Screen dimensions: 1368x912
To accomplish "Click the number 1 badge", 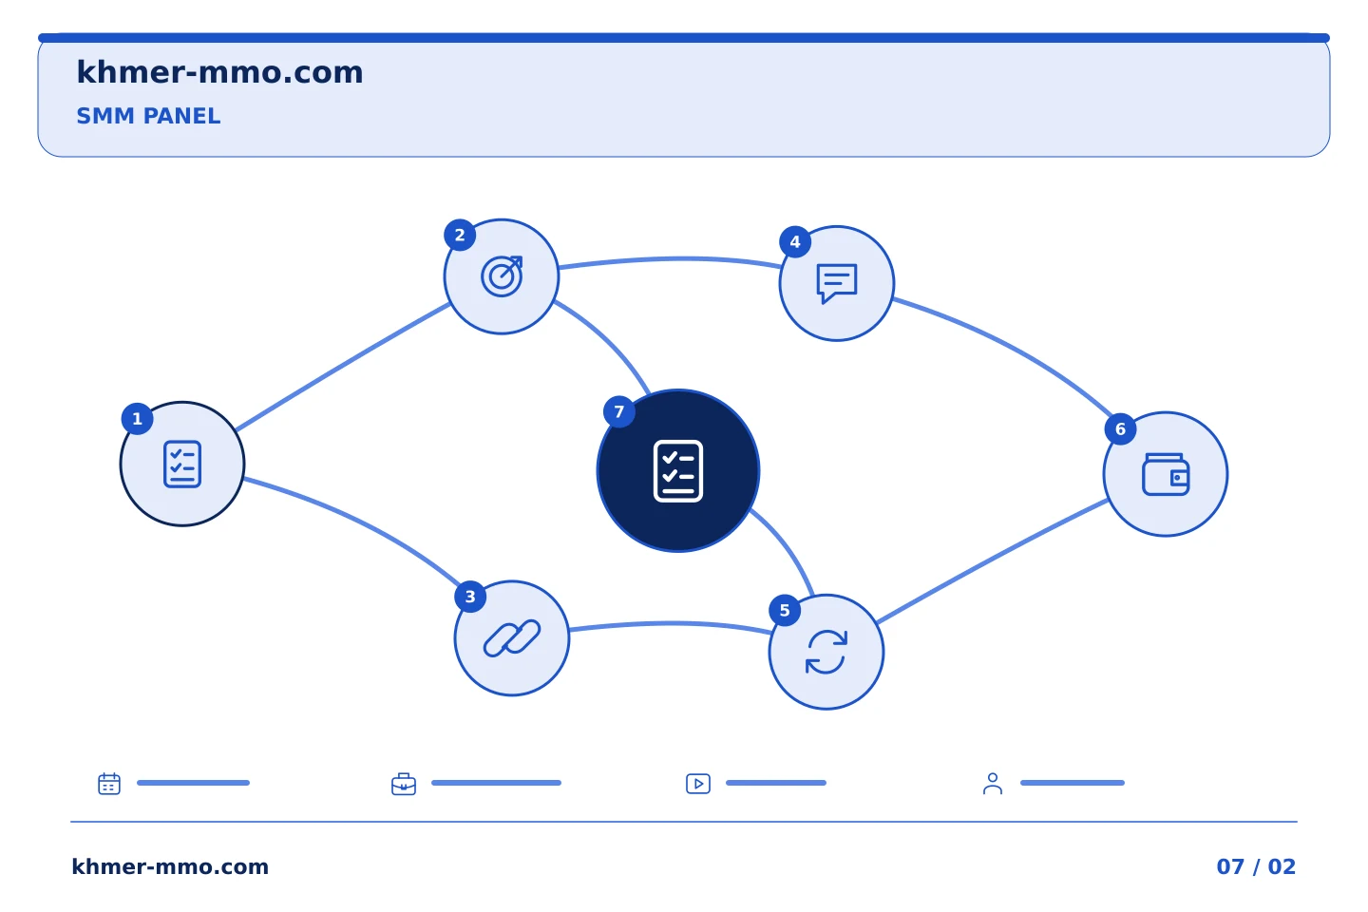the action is click(x=138, y=419).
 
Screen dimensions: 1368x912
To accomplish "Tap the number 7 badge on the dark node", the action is click(x=619, y=411).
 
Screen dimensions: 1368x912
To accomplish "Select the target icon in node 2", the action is click(x=502, y=276).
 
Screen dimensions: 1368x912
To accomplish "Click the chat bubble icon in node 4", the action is click(x=837, y=283).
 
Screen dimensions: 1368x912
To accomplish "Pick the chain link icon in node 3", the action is click(x=512, y=638).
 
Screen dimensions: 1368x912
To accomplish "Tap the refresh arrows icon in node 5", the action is click(x=826, y=652).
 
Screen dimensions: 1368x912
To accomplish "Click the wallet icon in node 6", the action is click(x=1166, y=475).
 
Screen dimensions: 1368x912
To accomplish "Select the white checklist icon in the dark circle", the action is click(x=678, y=471).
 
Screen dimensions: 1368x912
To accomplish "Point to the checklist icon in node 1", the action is click(x=182, y=465).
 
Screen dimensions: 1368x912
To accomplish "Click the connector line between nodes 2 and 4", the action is click(x=671, y=259).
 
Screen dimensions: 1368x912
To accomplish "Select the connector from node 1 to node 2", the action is click(x=343, y=367).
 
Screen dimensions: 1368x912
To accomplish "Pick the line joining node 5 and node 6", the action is click(x=993, y=561).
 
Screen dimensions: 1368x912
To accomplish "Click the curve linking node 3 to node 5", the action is click(x=671, y=624).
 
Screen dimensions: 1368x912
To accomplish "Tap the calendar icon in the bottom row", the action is click(x=109, y=783).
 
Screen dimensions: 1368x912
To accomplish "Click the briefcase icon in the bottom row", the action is click(x=404, y=784).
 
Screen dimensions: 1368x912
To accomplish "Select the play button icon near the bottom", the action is click(x=698, y=783).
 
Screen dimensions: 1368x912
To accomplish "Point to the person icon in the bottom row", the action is click(x=993, y=784).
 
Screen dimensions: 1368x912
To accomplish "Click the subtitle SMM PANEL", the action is click(x=148, y=116).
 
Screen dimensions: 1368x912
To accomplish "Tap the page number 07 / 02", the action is click(x=1256, y=866).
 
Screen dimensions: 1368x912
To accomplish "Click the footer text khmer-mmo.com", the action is click(x=170, y=866).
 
